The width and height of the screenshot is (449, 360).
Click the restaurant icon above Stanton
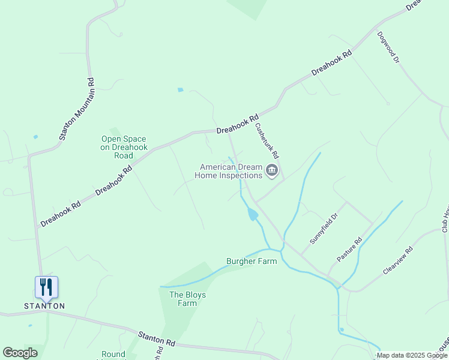point(46,286)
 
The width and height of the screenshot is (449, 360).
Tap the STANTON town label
point(44,305)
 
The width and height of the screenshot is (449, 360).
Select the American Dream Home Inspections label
point(231,171)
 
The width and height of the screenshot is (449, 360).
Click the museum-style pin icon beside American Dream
point(271,171)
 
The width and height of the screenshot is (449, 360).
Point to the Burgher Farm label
point(252,261)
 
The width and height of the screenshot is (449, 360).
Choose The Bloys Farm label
point(183,298)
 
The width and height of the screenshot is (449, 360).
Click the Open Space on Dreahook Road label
point(123,147)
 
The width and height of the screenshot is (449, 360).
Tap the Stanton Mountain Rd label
point(77,109)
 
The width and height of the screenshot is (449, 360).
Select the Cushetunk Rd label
point(268,142)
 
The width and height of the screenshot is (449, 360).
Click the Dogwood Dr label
point(388,47)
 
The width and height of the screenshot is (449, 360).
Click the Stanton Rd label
point(156,339)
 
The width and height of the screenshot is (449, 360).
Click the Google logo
point(20,353)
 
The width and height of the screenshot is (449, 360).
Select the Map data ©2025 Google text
point(412,356)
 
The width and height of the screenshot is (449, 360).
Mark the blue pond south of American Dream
point(253,214)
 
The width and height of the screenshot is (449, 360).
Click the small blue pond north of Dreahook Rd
point(180,90)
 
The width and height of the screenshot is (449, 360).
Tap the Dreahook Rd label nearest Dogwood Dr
point(331,63)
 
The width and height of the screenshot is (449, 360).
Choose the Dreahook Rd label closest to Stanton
point(61,214)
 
